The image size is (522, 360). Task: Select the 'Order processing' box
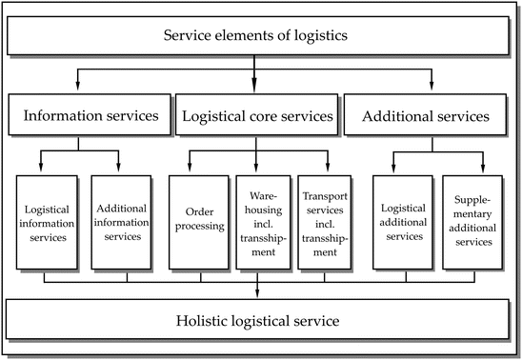(x=197, y=222)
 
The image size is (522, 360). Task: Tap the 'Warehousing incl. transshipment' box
(x=259, y=222)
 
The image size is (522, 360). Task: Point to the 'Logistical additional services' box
(x=401, y=222)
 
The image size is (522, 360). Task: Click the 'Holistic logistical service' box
(x=257, y=319)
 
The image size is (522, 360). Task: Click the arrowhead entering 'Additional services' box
(x=430, y=91)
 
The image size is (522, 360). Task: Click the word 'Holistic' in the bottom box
(x=203, y=319)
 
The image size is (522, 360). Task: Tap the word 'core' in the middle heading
(x=271, y=117)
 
